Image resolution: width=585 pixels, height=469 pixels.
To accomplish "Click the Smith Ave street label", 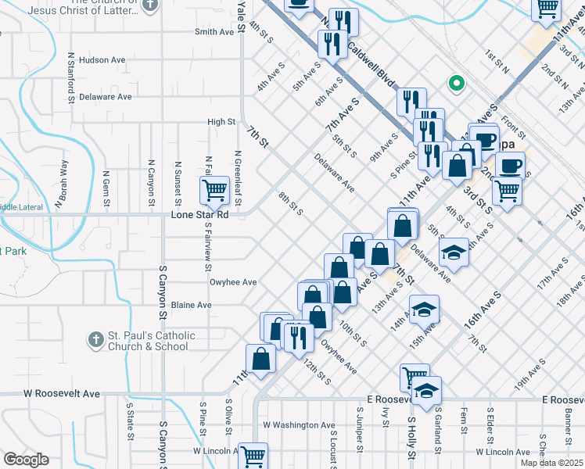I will coord(214,32).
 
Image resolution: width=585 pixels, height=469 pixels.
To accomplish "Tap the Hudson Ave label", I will coord(102,59).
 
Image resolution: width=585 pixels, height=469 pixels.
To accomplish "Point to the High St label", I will coord(221,122).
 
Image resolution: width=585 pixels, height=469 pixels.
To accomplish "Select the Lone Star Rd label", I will coord(199,214).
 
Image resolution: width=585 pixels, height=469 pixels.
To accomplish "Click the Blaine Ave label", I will coord(192,305).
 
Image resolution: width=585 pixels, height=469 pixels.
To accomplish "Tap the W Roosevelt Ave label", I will coord(62,394).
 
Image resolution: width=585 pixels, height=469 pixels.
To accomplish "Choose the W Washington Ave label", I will coord(299,425).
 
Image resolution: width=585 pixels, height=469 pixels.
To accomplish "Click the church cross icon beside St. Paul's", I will coord(95,340).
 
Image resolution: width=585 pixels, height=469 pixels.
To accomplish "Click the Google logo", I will coord(26,460).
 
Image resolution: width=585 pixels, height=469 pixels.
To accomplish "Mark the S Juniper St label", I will coord(359,429).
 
